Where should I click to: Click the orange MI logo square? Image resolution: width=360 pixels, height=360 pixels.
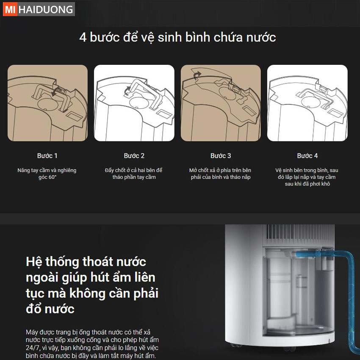(10, 9)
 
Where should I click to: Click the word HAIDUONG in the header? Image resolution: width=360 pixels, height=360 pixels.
(46, 9)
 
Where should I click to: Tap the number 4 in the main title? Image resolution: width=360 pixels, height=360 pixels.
(83, 37)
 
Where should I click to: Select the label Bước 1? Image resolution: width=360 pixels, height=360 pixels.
(47, 156)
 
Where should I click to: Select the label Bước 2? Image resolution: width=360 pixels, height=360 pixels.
(134, 156)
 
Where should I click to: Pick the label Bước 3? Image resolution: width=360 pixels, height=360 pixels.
(221, 156)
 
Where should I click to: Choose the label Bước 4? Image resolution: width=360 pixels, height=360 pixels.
(307, 156)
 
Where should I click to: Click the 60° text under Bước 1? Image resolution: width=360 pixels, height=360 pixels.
(52, 177)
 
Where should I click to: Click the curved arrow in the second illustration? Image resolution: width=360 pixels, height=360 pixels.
(127, 91)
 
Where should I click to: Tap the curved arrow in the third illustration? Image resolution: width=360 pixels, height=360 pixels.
(197, 75)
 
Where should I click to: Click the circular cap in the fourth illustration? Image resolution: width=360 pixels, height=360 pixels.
(310, 101)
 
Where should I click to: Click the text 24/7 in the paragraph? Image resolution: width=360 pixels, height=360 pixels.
(32, 348)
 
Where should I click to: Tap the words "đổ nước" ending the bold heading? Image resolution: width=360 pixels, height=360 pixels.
(50, 309)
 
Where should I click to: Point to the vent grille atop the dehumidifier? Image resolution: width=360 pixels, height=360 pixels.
(299, 235)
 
